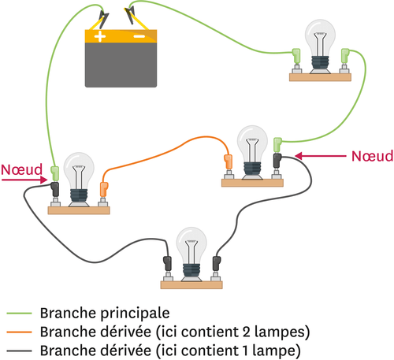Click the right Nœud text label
[x=370, y=156]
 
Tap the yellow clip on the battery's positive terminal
[x=101, y=16]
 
